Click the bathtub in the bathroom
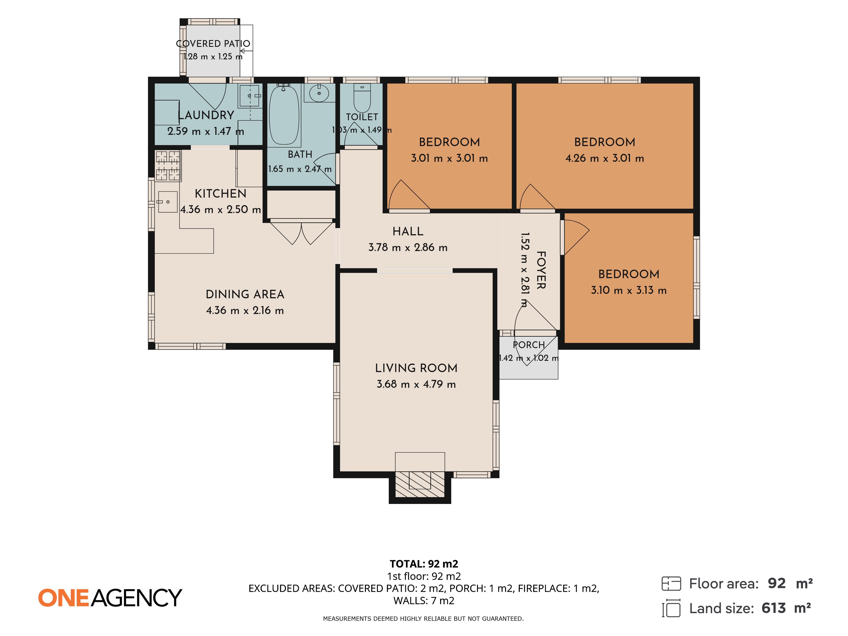(284, 115)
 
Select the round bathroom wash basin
(319, 93)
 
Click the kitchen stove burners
(168, 166)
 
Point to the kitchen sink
(168, 202)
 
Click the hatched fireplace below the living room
(420, 484)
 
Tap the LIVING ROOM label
(416, 368)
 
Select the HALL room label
(408, 231)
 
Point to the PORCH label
(529, 345)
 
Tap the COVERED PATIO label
(213, 44)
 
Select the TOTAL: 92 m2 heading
(424, 564)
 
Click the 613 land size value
(774, 608)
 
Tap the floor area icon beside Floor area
(671, 583)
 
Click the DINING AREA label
(245, 294)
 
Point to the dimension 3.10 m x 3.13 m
(629, 290)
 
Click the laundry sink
(250, 96)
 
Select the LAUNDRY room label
(206, 115)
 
